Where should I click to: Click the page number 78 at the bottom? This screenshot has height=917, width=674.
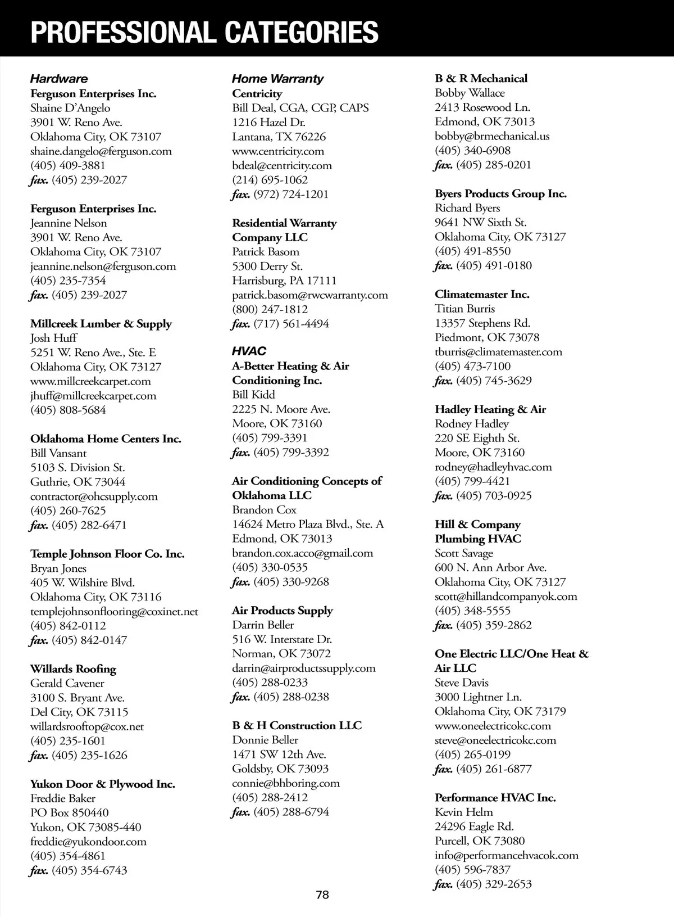[x=322, y=895]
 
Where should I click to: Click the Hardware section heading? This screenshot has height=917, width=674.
[x=58, y=79]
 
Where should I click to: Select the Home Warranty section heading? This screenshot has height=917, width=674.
[x=277, y=79]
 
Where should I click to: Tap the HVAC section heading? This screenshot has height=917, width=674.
[x=249, y=351]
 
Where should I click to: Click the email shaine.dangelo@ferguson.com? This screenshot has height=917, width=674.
[x=101, y=151]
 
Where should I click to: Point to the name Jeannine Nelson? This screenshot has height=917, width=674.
[x=69, y=223]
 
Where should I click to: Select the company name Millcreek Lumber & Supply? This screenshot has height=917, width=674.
[x=101, y=324]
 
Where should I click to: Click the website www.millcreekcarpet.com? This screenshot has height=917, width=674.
[x=90, y=381]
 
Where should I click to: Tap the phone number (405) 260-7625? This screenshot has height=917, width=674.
[x=68, y=511]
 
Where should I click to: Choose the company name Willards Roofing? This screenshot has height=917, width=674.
[x=73, y=669]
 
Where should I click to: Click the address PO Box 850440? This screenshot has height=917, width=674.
[x=70, y=813]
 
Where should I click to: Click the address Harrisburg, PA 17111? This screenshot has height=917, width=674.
[x=284, y=281]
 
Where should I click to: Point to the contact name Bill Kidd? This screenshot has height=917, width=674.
[x=253, y=395]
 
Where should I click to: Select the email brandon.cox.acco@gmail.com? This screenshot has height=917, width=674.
[x=302, y=553]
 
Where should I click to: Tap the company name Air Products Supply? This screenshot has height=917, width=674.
[x=283, y=611]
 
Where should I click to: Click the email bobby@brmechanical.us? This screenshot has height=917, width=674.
[x=492, y=136]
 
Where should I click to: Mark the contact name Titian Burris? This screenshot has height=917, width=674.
[x=464, y=309]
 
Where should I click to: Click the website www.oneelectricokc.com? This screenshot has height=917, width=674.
[x=493, y=726]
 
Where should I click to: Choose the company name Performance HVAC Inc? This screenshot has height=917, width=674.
[x=495, y=798]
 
